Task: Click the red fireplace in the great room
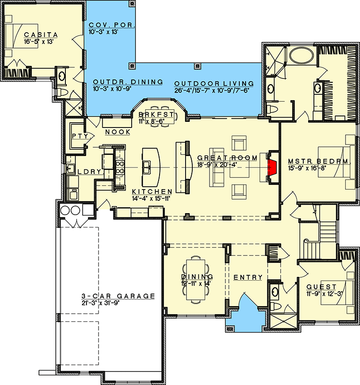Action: [272, 167]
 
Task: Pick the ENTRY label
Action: [248, 277]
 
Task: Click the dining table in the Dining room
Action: [197, 282]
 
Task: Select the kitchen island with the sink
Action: [150, 167]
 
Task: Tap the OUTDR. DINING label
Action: [127, 82]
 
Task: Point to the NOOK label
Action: [117, 132]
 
